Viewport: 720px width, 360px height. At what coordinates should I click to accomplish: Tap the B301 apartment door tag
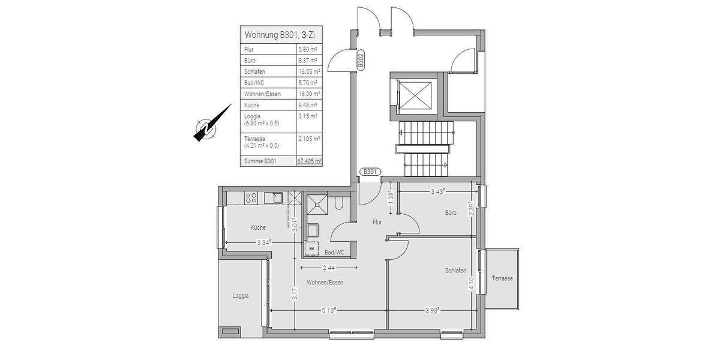click(370, 172)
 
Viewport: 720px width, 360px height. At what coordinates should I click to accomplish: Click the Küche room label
click(258, 227)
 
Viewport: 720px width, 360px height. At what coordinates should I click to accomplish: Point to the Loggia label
click(241, 296)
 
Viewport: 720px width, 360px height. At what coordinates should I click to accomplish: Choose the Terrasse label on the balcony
click(502, 278)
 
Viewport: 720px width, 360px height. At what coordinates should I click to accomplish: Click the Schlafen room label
click(455, 271)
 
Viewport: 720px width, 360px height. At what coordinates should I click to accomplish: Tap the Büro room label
click(451, 213)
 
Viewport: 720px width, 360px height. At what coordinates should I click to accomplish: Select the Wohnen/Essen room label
click(325, 282)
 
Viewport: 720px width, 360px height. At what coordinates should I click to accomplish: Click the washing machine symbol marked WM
click(311, 248)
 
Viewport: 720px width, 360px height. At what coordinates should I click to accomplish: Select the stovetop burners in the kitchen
click(251, 197)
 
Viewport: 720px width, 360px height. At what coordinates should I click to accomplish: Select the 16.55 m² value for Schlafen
click(309, 71)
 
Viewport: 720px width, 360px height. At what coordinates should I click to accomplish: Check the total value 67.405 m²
click(310, 161)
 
